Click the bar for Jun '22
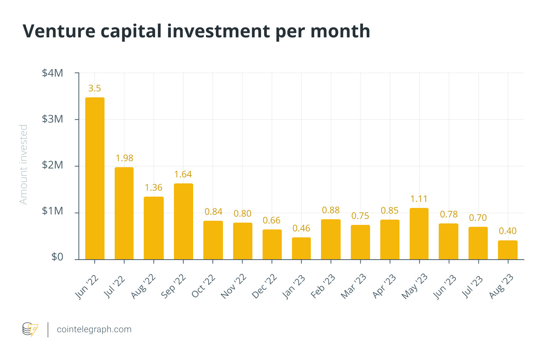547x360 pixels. tap(95, 178)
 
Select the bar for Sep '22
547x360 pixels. tap(183, 221)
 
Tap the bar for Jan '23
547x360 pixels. tap(301, 248)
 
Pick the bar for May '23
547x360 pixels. tap(419, 234)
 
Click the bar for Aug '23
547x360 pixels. tap(507, 250)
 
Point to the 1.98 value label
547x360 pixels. tap(124, 158)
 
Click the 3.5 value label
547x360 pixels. tap(95, 88)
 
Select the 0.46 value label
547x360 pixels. tap(301, 228)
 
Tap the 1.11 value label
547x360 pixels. tap(419, 199)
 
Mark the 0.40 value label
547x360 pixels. tap(507, 231)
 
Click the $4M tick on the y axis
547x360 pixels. tap(52, 73)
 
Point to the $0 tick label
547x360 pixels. tap(57, 257)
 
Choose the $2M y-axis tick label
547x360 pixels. tap(52, 165)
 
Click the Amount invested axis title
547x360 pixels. tap(23, 165)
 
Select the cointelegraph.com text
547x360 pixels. tap(94, 329)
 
